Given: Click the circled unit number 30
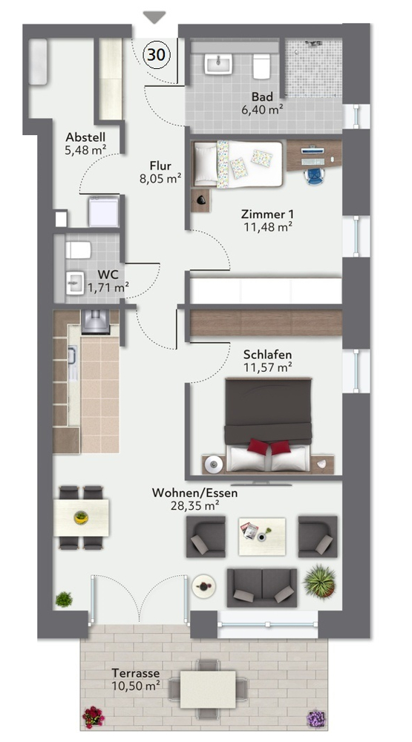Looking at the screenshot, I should pos(157,55).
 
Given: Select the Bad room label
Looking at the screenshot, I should pos(262,96).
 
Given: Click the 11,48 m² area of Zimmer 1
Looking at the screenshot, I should pos(267,227).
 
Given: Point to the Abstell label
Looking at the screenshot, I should pos(85,137).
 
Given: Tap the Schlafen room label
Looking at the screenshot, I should pos(267,355).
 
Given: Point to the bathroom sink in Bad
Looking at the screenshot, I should pos(219,65).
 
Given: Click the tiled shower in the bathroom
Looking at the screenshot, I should pos(314,67).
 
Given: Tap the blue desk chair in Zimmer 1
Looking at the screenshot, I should pos(315,174).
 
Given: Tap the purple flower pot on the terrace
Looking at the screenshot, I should pos(316,718).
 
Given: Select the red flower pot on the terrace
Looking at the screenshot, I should pos(94,717).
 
